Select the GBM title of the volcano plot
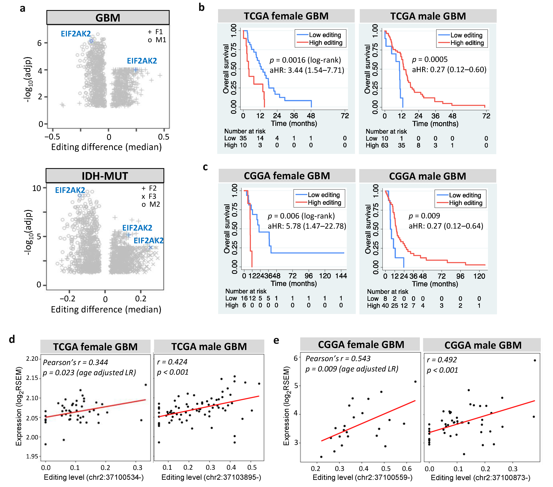click(108, 18)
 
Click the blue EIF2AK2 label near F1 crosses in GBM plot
click(142, 61)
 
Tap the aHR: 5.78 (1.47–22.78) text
click(307, 226)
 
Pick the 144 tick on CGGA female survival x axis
click(341, 276)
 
